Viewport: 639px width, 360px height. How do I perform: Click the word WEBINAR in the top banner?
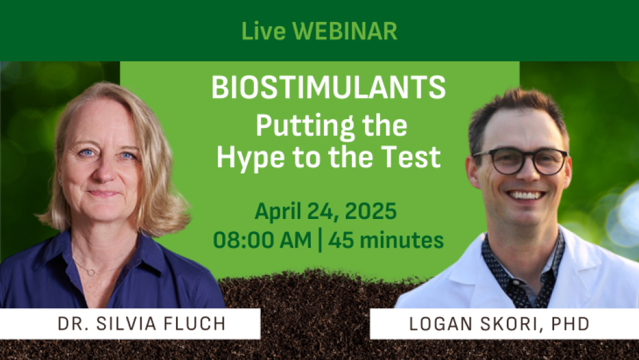click(344, 31)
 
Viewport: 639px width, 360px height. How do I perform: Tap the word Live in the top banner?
click(263, 31)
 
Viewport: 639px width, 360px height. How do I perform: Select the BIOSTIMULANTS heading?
click(328, 87)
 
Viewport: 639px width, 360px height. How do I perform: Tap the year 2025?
click(371, 212)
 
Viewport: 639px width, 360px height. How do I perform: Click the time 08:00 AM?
click(262, 240)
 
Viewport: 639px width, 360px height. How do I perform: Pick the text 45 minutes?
click(386, 240)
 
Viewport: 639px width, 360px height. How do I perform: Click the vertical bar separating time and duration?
click(319, 240)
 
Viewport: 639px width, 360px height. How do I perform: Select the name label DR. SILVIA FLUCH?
click(142, 324)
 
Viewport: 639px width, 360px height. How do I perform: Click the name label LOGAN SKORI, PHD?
click(499, 324)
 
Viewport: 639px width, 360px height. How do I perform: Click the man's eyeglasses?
click(520, 161)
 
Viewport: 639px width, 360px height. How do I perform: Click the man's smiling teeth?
click(526, 195)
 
